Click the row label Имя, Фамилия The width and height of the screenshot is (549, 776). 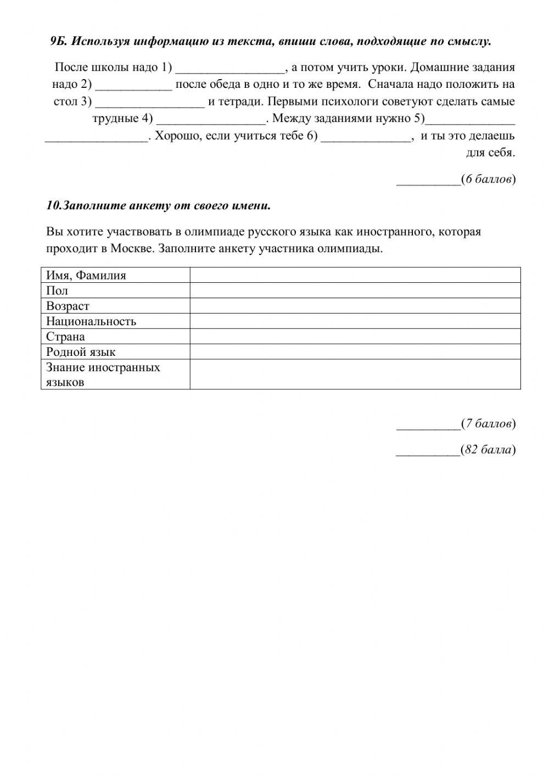pos(86,275)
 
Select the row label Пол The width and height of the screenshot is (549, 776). pos(57,291)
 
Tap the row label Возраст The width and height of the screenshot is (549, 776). pos(68,306)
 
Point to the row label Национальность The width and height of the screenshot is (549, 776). pos(91,321)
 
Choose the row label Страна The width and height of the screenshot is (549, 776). pos(65,337)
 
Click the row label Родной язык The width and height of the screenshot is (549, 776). pos(81,352)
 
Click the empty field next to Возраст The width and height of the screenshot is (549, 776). pos(355,306)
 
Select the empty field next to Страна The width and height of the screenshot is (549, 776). pos(355,337)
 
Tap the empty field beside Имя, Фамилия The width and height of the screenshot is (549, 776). pos(355,275)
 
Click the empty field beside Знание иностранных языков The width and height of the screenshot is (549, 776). pos(355,375)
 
